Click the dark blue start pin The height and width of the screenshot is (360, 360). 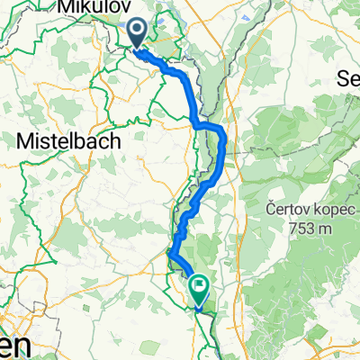point(138,34)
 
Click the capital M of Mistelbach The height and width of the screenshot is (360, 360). point(23,139)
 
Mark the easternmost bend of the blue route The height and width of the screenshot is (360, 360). point(222,144)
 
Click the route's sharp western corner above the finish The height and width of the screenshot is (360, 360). point(169,254)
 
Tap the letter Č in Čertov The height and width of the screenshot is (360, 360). point(271,208)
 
